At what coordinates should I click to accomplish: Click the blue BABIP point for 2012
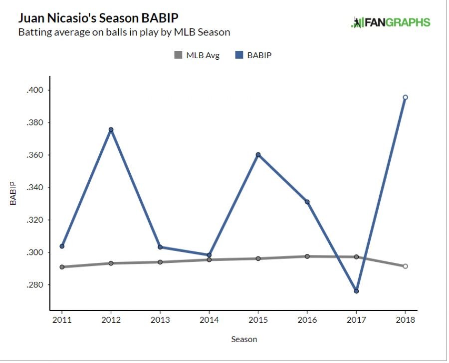[111, 129]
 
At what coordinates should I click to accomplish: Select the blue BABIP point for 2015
[258, 154]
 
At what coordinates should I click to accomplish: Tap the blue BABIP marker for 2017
[356, 291]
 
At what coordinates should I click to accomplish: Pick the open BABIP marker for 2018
[405, 97]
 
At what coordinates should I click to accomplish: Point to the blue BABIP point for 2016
[307, 202]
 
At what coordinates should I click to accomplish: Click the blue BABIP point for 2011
[62, 246]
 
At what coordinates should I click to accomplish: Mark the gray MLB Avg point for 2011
[62, 267]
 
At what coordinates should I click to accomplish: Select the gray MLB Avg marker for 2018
[405, 266]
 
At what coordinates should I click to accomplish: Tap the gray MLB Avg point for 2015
[258, 258]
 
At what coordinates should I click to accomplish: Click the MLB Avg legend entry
[197, 55]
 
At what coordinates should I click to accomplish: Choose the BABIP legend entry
[253, 55]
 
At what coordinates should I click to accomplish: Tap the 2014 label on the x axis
[209, 320]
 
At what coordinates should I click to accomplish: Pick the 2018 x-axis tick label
[405, 320]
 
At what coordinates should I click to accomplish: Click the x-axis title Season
[244, 340]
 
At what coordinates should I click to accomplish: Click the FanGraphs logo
[391, 22]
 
